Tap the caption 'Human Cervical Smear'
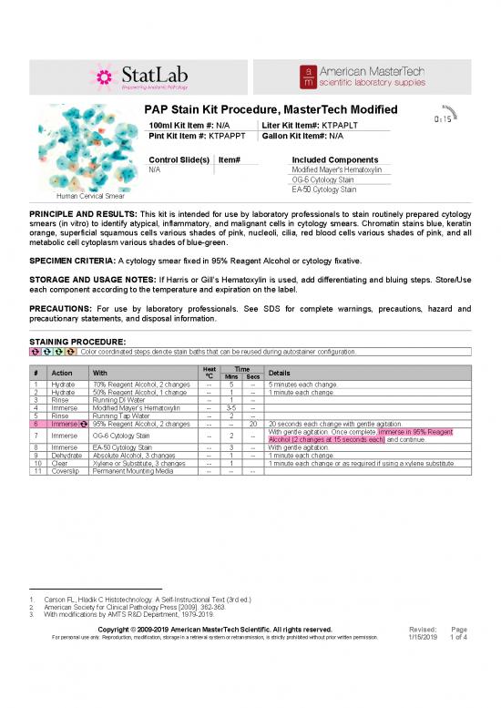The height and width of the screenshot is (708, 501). [90, 196]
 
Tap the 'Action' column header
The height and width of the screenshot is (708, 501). [63, 373]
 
